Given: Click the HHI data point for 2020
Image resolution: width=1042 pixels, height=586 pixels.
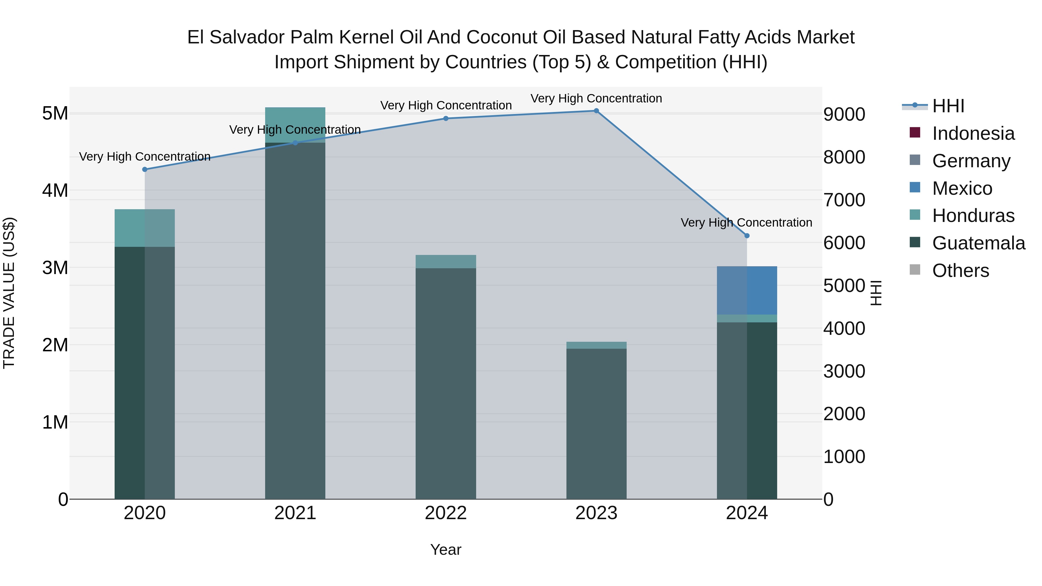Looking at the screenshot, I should pos(144,170).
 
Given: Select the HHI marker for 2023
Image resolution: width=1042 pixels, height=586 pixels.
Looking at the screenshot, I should pos(596,111).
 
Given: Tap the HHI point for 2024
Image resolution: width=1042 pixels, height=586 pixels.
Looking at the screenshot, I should pos(747,236).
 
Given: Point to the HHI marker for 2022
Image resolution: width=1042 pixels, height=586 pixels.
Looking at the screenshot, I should pos(446,118).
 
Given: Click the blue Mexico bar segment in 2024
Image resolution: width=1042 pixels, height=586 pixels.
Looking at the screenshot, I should pos(747,290).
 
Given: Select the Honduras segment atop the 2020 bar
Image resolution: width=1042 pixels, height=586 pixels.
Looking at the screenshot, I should pos(144,228).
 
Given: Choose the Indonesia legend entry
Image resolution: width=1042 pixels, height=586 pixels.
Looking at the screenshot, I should pos(973,133).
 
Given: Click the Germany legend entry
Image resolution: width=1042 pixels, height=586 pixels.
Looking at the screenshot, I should pos(971,161).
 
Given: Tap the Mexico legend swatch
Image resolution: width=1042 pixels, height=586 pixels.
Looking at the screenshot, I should pos(915,188).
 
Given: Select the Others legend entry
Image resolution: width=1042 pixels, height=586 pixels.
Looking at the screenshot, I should pos(960,271).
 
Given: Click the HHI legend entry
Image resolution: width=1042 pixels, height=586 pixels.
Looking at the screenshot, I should pos(948,106).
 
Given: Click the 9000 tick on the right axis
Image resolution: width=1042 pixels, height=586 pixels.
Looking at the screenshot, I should pos(844,114).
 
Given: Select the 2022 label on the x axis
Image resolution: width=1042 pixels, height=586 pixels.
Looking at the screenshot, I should pos(446,513).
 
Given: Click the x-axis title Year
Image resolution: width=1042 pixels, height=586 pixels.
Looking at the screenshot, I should pos(446,550).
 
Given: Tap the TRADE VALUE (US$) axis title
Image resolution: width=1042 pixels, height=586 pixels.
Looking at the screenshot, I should pos(9,293).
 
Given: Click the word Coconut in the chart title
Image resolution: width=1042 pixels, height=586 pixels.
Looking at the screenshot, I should pos(502,37).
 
